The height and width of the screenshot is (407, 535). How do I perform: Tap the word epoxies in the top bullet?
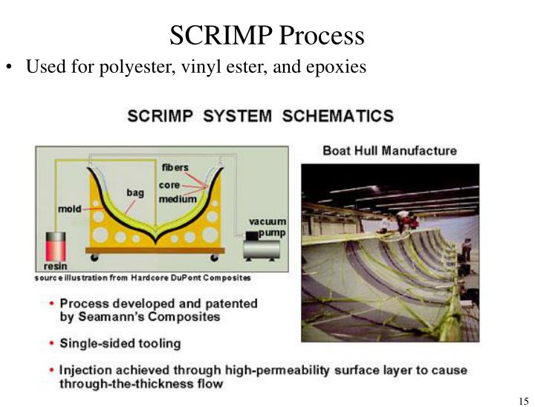coord(334,67)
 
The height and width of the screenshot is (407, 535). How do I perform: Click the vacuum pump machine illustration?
coord(262,245)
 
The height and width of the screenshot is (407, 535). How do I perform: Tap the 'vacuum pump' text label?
coord(267,227)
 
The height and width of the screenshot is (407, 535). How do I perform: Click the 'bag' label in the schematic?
coord(134,192)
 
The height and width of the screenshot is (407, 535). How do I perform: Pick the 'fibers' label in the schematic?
coord(175,167)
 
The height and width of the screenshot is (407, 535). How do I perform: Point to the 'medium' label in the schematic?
coord(178,199)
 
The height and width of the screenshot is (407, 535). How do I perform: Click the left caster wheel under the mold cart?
coord(94,258)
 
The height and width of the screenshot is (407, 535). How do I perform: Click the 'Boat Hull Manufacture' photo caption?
coord(389,150)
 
